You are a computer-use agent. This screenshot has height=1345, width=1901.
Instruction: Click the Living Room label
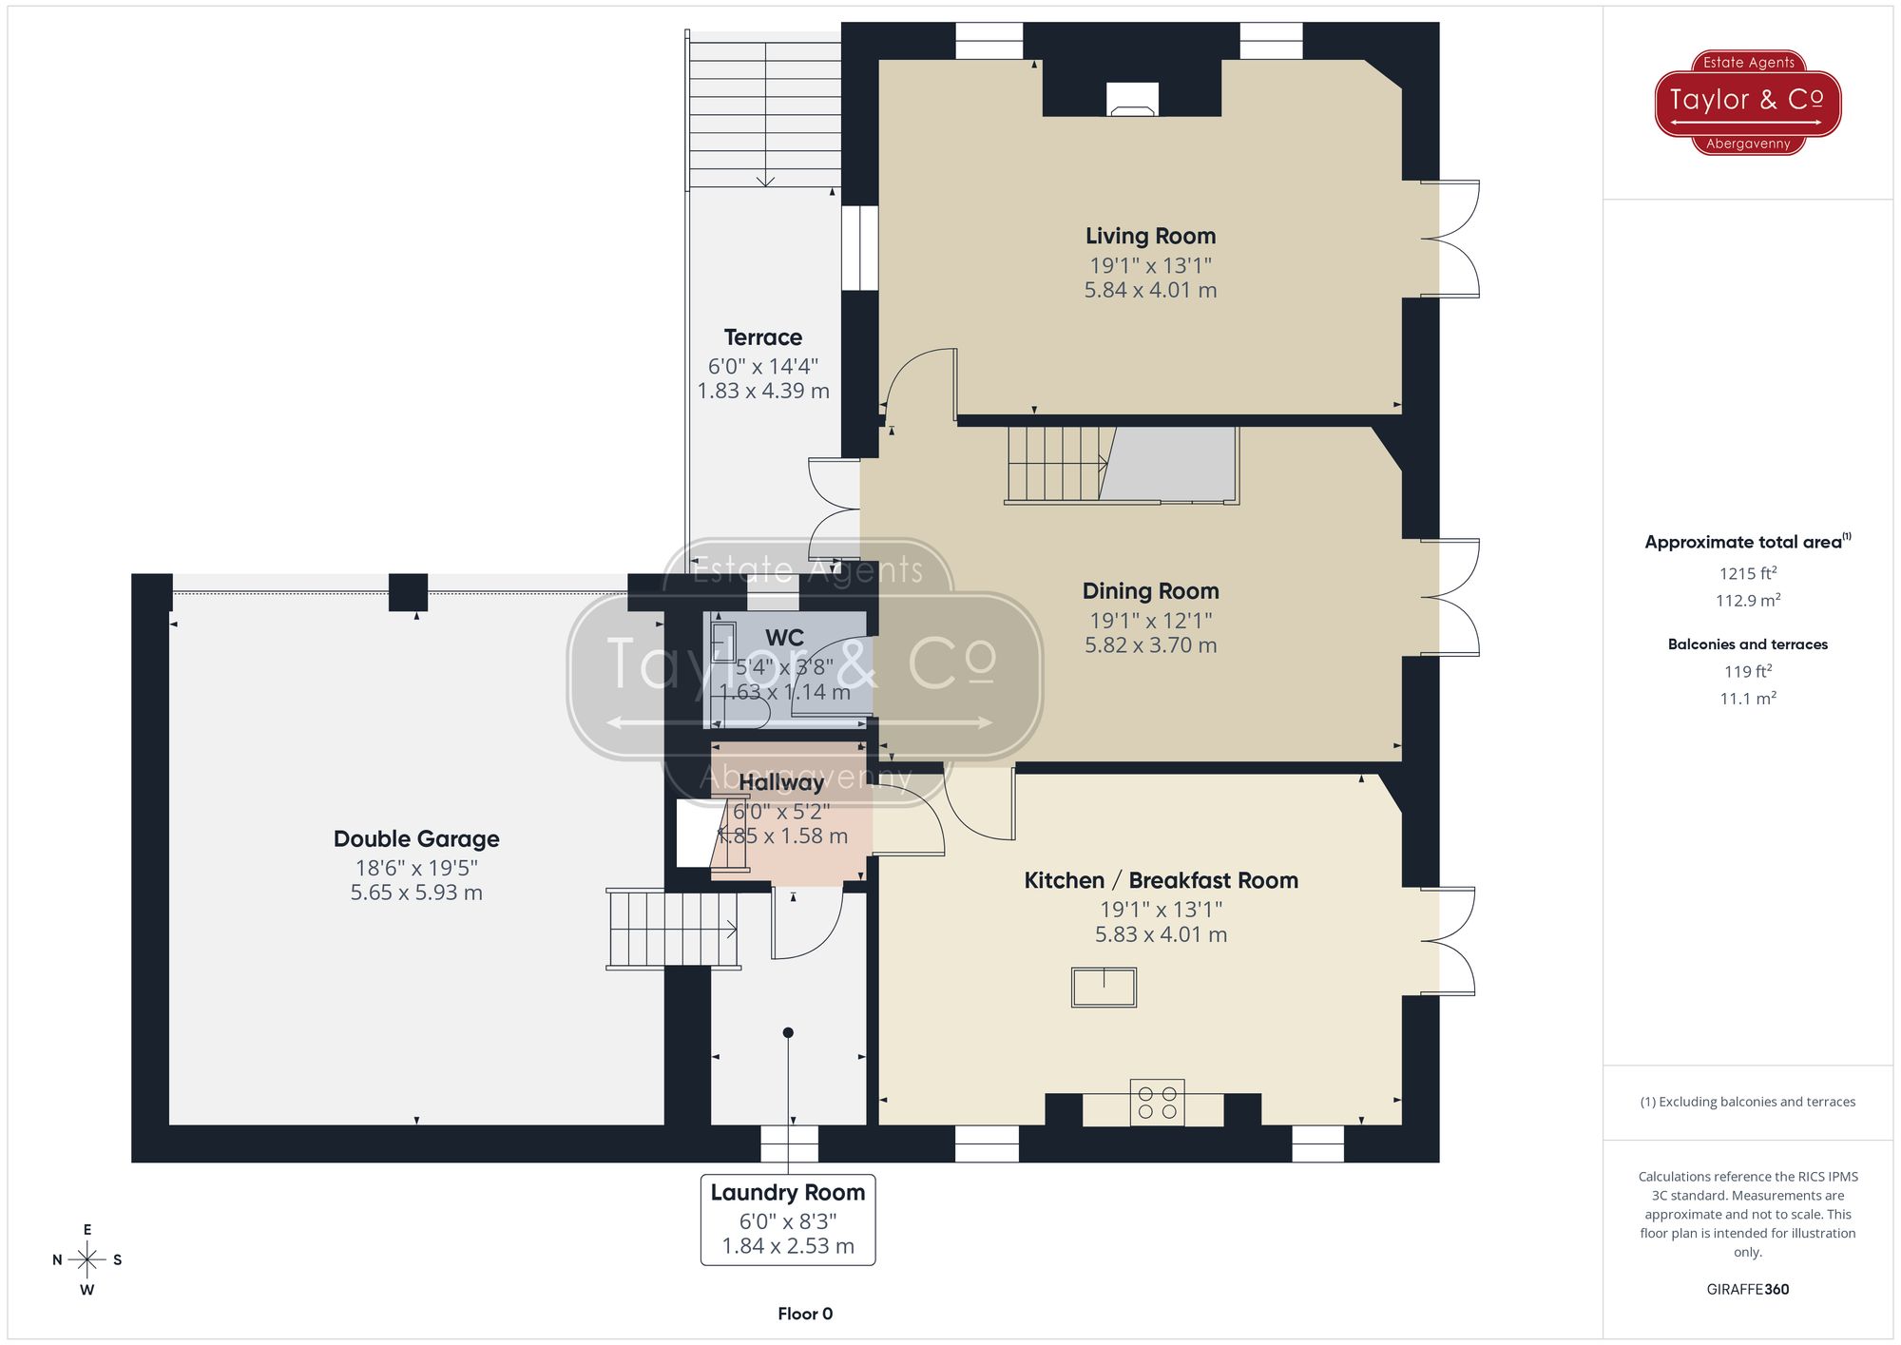coord(1150,236)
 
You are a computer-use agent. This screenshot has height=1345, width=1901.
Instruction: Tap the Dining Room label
coord(1150,591)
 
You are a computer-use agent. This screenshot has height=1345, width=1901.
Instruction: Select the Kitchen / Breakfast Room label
coord(1161,880)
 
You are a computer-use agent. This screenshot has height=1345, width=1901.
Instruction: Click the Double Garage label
coord(416,838)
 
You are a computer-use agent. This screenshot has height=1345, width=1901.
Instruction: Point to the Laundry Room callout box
coord(787,1220)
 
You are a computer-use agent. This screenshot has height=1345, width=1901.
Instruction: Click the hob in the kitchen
coord(1157,1103)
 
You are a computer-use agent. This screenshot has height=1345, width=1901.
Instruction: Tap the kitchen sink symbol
coord(1104,987)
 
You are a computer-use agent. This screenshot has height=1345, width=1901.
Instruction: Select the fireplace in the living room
coord(1133,100)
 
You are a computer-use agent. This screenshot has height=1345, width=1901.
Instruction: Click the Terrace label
coord(762,337)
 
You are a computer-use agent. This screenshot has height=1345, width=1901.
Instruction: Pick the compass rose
coord(87,1260)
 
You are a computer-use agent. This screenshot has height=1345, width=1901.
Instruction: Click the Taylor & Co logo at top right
coord(1747,102)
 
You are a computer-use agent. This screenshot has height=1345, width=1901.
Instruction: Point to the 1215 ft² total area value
coord(1747,573)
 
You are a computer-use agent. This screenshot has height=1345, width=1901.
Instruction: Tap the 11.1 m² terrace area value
coord(1747,699)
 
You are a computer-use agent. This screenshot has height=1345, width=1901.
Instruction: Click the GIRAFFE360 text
coord(1747,1289)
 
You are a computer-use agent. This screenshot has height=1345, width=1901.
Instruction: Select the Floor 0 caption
coord(805,1314)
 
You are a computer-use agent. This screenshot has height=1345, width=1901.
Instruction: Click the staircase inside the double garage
coord(673,929)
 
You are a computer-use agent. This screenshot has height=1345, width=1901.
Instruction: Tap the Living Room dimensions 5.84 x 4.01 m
coord(1150,290)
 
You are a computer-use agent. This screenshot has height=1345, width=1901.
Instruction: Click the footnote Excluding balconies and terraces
coord(1747,1102)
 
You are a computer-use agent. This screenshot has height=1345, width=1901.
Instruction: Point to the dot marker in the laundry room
coord(788,1032)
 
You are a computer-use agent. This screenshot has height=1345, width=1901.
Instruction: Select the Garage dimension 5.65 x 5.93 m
coord(416,893)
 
